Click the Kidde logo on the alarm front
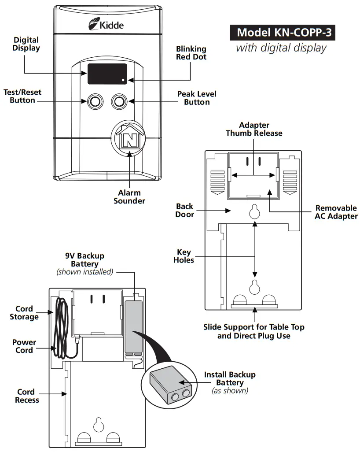106,24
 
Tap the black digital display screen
107,74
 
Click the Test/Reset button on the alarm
93,102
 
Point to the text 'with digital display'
281,48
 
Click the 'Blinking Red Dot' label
191,53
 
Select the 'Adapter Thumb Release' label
254,129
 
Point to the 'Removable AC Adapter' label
336,212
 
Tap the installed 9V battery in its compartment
133,326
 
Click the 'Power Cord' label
24,346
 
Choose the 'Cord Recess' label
27,396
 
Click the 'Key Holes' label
184,256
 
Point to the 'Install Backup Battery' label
229,378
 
